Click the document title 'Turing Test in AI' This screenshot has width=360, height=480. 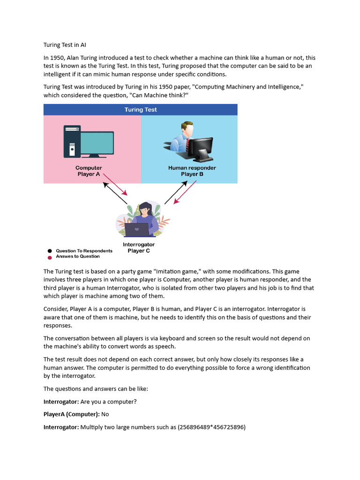tap(65, 45)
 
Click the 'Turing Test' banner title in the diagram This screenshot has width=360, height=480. tap(141, 110)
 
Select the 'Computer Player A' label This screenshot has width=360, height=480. tap(89, 171)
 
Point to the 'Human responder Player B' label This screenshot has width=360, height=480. tap(192, 171)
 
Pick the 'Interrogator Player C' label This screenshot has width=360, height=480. tap(139, 247)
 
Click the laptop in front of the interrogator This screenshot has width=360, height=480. tap(137, 230)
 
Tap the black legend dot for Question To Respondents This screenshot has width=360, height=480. tap(50, 251)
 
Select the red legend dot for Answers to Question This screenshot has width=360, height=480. tap(50, 257)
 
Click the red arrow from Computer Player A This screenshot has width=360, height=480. tap(115, 184)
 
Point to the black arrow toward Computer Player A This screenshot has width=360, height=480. tap(115, 193)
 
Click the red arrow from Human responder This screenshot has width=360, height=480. tap(184, 193)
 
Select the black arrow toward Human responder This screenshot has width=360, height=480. tap(176, 192)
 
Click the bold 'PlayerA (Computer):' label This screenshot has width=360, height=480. tap(71, 414)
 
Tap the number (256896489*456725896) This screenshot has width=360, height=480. tap(211, 427)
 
